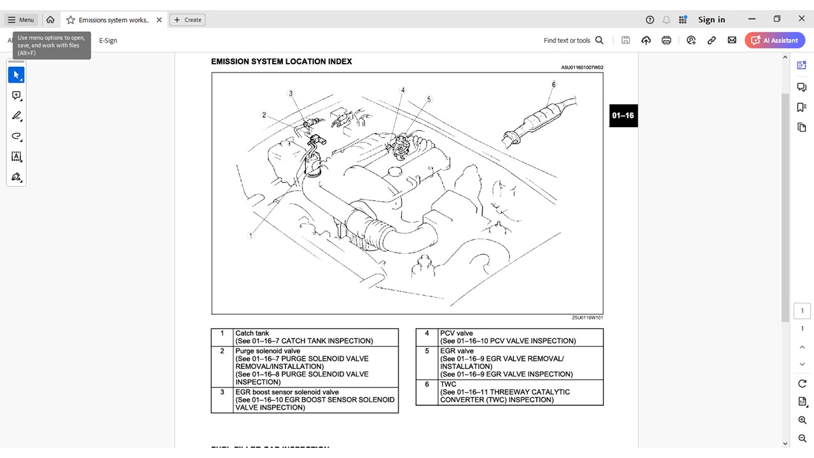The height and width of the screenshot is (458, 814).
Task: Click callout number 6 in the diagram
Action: pyautogui.click(x=554, y=85)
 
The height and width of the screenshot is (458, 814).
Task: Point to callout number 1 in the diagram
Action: pyautogui.click(x=251, y=235)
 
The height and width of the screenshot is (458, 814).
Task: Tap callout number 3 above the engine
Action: pyautogui.click(x=291, y=94)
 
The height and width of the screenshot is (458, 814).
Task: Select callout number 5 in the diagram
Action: pyautogui.click(x=429, y=99)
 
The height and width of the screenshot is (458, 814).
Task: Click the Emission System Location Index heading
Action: pyautogui.click(x=281, y=62)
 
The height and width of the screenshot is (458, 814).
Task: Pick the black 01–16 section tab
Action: pyautogui.click(x=623, y=115)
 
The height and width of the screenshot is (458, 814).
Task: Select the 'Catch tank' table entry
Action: pyautogui.click(x=252, y=333)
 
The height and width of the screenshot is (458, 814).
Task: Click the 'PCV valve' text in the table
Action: pyautogui.click(x=456, y=333)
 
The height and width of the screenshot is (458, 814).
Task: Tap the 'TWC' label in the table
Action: pyautogui.click(x=448, y=384)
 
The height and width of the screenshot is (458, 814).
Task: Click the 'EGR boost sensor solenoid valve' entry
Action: pyautogui.click(x=287, y=392)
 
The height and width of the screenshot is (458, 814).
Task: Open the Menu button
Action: pyautogui.click(x=21, y=20)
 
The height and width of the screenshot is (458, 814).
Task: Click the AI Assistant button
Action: pyautogui.click(x=775, y=40)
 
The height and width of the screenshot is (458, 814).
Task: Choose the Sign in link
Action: pyautogui.click(x=711, y=20)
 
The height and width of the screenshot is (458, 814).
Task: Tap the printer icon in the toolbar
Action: pyautogui.click(x=666, y=40)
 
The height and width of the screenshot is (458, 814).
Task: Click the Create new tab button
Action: pyautogui.click(x=188, y=20)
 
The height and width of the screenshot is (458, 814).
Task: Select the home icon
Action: pyautogui.click(x=50, y=20)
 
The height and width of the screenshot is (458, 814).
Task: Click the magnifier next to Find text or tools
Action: pyautogui.click(x=599, y=40)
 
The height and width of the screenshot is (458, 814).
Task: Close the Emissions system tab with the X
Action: pyautogui.click(x=159, y=20)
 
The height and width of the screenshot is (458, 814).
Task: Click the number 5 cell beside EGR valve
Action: pyautogui.click(x=427, y=351)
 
